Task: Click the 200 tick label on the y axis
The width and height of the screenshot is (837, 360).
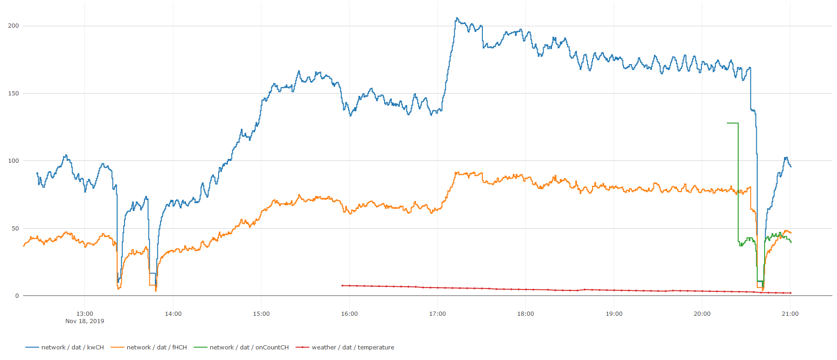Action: pos(13,26)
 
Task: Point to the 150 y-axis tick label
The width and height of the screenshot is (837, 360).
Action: pos(13,94)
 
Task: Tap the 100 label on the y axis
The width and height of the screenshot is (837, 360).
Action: pos(13,161)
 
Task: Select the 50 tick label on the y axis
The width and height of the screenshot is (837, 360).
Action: pos(15,229)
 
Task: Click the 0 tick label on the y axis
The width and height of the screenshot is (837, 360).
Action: pos(17,296)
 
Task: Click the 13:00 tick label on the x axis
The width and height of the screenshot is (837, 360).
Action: pos(85,314)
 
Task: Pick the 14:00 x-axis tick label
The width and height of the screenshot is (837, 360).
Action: pos(173,314)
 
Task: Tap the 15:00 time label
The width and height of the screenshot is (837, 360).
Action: pos(261,314)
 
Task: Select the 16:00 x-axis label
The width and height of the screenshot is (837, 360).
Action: pos(349,314)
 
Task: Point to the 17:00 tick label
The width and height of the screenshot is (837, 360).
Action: pos(438,314)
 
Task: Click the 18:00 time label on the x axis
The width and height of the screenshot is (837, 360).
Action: pos(526,314)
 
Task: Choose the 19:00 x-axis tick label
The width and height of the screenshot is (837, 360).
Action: pos(614,314)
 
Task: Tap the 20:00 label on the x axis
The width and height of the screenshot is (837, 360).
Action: pos(702,314)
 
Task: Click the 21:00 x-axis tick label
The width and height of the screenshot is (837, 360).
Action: pos(790,314)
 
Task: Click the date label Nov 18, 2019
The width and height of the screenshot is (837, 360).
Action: pos(85,321)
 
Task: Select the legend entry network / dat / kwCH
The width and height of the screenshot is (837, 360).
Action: pos(65,348)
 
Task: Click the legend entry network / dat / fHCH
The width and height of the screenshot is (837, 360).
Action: pos(149,348)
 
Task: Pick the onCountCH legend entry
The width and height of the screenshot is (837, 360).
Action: pos(241,348)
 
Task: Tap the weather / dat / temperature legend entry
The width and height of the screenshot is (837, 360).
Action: pos(345,348)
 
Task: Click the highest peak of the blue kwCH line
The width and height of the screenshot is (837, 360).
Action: pos(457,18)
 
